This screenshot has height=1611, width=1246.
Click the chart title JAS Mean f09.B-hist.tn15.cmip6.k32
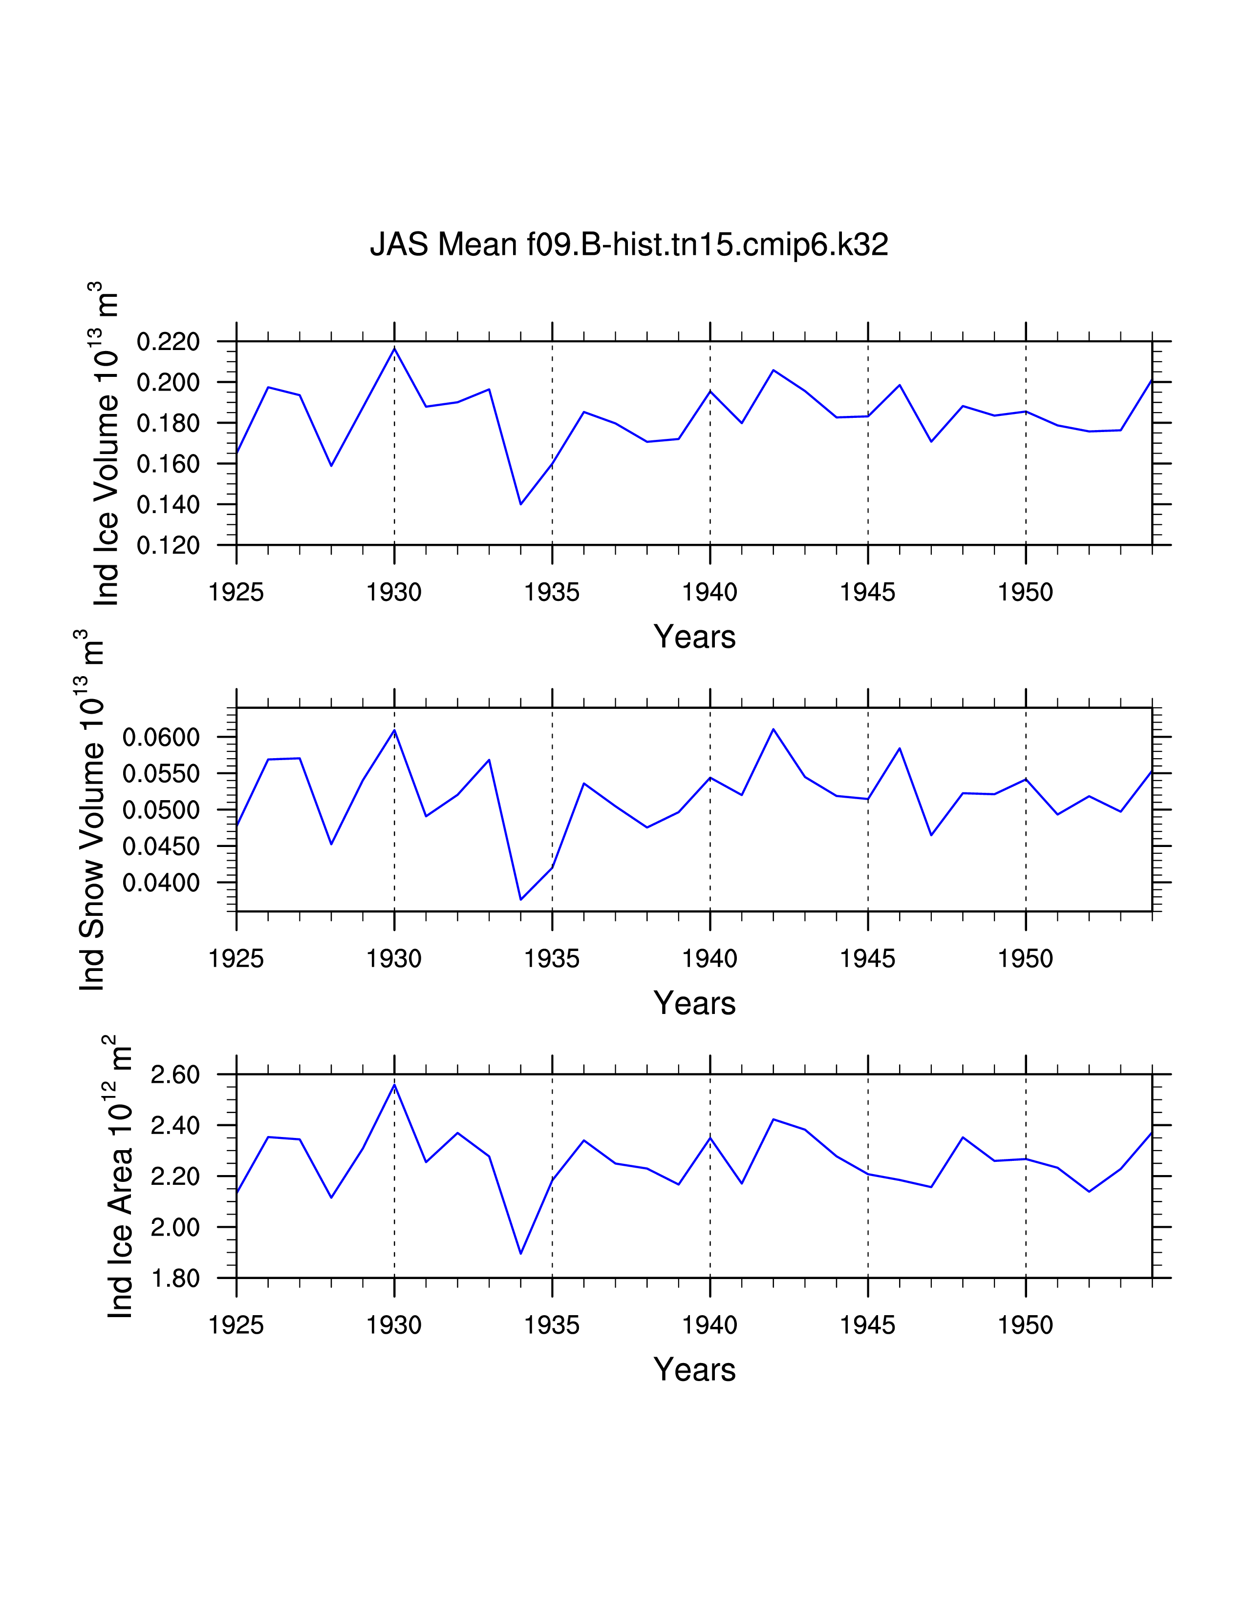(629, 244)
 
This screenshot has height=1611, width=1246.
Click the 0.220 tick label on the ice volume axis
(168, 342)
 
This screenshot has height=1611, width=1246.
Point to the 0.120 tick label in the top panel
(168, 546)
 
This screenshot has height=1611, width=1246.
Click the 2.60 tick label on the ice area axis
(175, 1075)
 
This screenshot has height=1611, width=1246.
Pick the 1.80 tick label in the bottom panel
(175, 1279)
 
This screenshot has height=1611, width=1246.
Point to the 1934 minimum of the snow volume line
(521, 899)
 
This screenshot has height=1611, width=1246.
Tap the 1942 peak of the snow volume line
(773, 729)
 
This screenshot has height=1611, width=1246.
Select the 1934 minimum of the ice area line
(521, 1253)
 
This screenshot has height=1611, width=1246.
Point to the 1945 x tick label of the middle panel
(867, 959)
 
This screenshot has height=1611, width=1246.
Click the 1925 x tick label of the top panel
(236, 592)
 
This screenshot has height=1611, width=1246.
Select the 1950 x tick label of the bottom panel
(1025, 1325)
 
